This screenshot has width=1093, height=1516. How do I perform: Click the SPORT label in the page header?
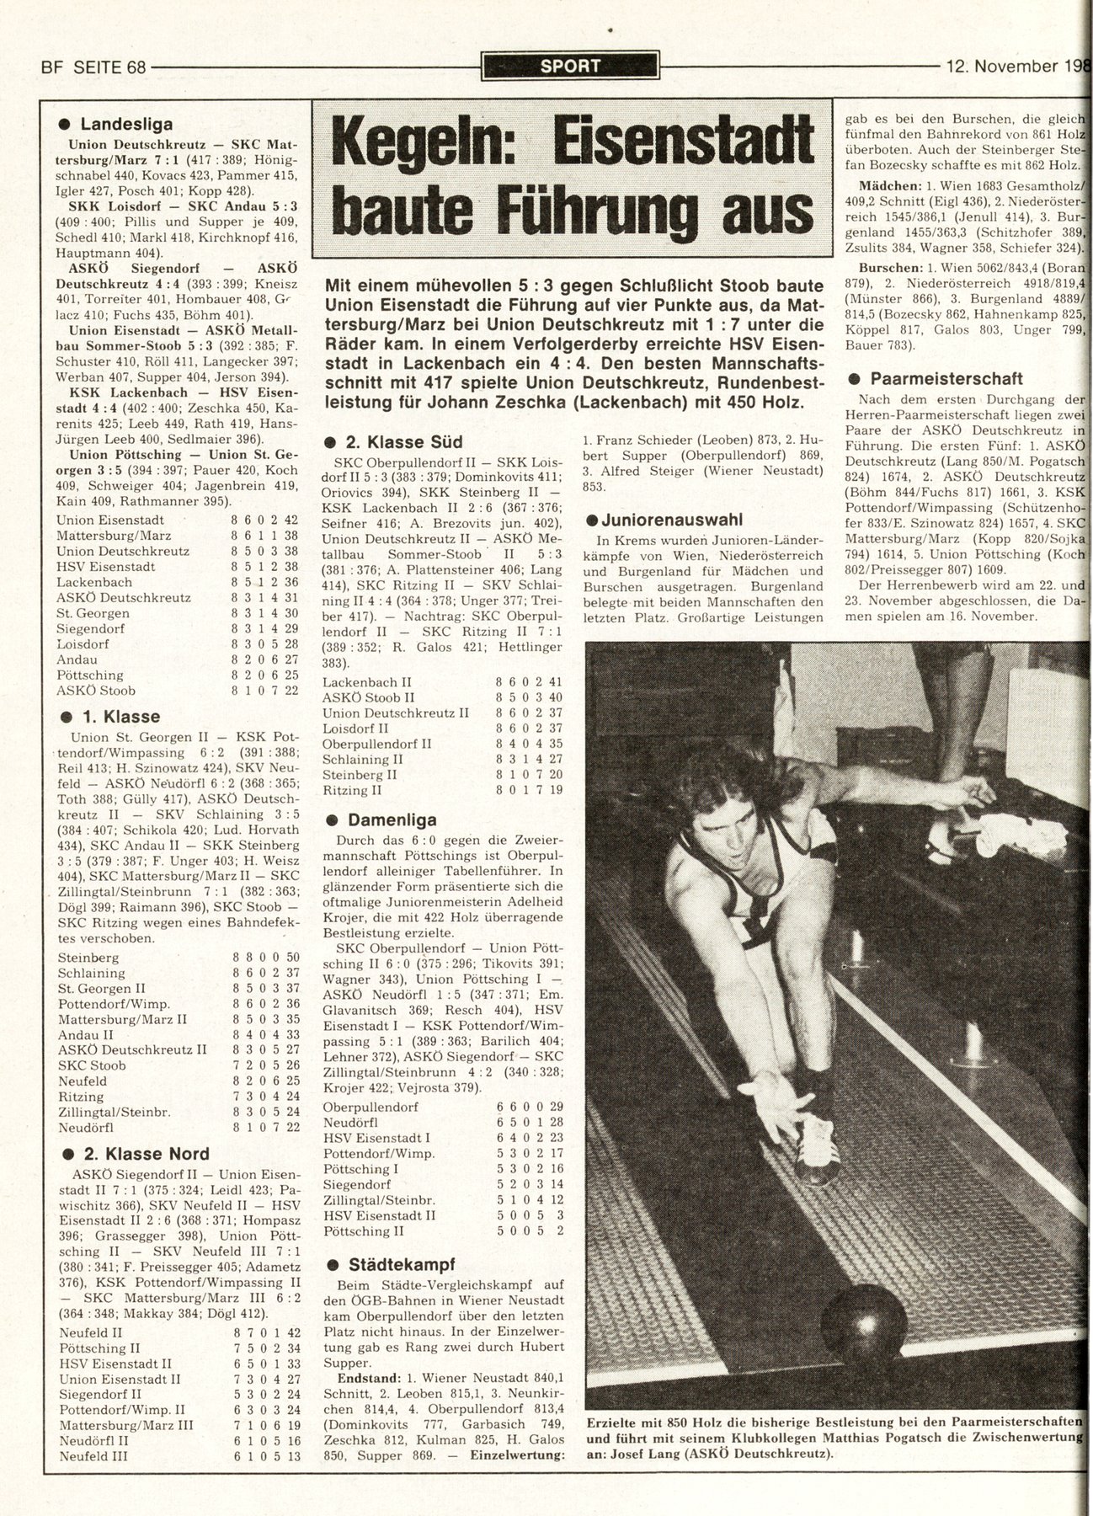[570, 66]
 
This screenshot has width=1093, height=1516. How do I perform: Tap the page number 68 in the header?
[133, 67]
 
